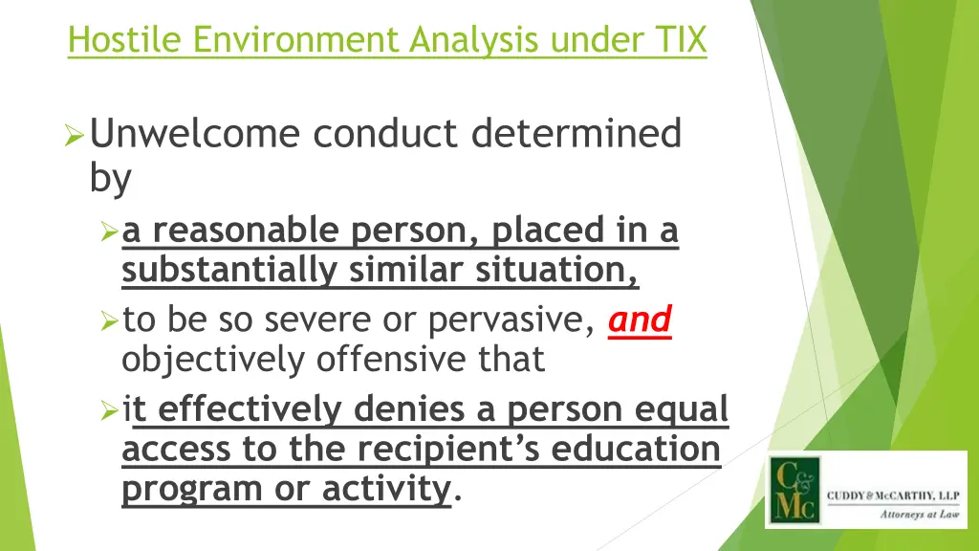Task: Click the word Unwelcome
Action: pos(196,134)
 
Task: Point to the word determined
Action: pos(576,134)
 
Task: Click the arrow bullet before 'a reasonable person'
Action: pos(109,232)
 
